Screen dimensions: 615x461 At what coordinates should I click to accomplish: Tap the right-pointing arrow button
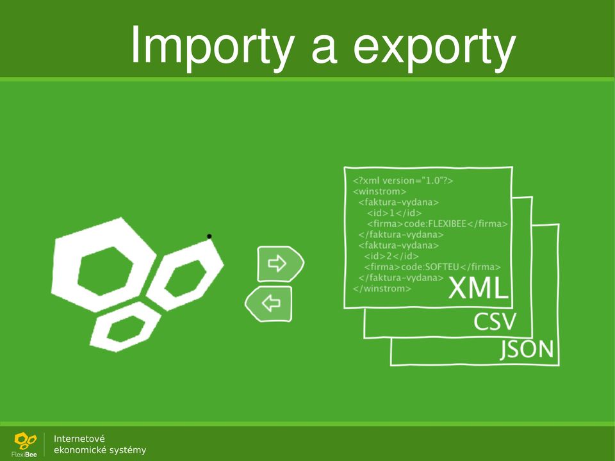(x=281, y=264)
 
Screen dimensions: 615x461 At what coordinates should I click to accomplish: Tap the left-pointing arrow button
(x=268, y=304)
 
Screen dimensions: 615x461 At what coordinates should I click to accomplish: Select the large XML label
(x=478, y=289)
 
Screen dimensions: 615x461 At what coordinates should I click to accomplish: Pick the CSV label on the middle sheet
(x=495, y=321)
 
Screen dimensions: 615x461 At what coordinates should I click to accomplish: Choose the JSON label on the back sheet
(x=527, y=350)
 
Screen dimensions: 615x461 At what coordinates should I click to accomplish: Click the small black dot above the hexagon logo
(x=209, y=236)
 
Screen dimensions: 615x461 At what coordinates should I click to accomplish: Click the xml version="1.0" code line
(x=403, y=181)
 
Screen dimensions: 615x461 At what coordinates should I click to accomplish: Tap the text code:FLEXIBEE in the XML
(x=435, y=224)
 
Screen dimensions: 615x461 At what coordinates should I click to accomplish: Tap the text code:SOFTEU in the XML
(x=430, y=267)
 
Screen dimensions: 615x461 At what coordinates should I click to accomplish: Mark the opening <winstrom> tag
(x=380, y=191)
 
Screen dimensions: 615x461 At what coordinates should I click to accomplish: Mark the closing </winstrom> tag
(x=382, y=289)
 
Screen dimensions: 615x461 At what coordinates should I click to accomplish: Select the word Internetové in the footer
(x=79, y=439)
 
